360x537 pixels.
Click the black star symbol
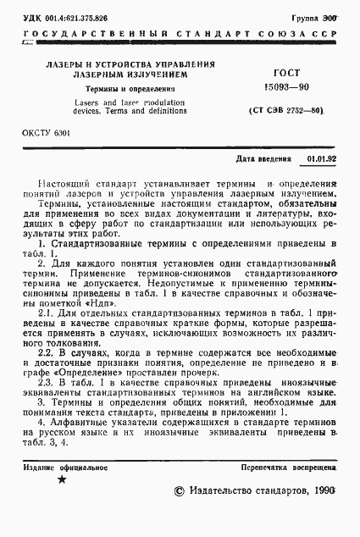coord(60,480)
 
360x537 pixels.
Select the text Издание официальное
coord(60,468)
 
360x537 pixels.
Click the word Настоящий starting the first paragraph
coord(65,184)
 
